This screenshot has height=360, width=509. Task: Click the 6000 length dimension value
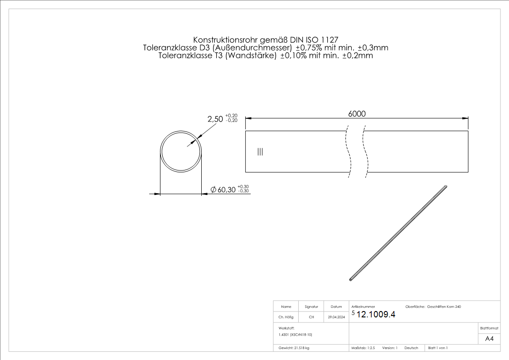(357, 114)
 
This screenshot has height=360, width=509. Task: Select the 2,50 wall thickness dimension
(215, 119)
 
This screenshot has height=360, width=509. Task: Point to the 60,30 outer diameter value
(227, 190)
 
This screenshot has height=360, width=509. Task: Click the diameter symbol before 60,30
(213, 190)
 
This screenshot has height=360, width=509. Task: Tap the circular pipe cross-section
(181, 152)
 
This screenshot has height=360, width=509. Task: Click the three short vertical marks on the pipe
(260, 152)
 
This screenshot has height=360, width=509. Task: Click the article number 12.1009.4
(376, 315)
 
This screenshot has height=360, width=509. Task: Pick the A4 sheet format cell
(489, 339)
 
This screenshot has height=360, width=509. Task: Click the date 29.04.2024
(336, 317)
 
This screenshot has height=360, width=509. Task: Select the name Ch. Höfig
(286, 317)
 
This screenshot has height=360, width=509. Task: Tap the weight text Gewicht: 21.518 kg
(294, 348)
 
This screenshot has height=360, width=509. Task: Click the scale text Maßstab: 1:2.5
(363, 348)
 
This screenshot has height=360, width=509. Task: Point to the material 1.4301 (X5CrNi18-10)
(296, 335)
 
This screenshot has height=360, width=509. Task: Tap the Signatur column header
(311, 307)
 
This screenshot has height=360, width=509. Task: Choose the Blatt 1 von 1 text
(438, 348)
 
